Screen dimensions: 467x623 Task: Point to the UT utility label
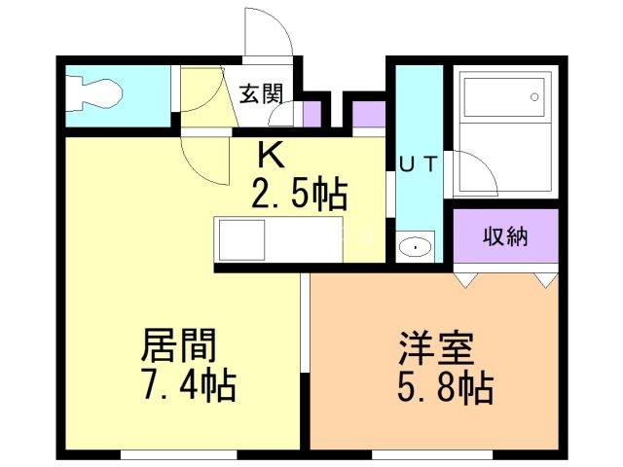419,164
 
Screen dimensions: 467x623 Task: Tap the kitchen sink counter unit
277,237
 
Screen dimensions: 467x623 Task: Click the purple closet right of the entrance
369,114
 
